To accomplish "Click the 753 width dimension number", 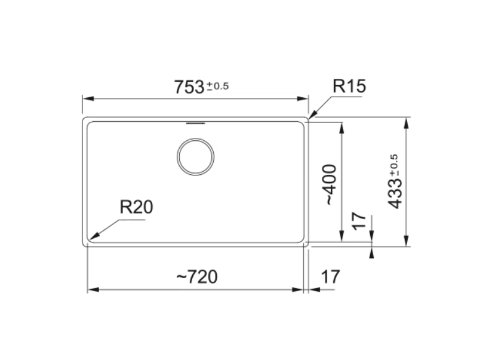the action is coord(189,87).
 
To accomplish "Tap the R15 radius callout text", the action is coord(349,86).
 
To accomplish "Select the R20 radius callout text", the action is coord(136,207).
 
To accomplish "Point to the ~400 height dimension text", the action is coord(330,185).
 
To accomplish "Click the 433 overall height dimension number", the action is coord(395,194).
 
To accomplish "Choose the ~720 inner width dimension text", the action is coord(197,277).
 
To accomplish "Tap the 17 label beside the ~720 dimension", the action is coord(331,277).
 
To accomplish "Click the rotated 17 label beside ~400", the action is coord(359,221).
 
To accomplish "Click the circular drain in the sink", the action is coord(195,157).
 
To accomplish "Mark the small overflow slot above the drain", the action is coord(195,123).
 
